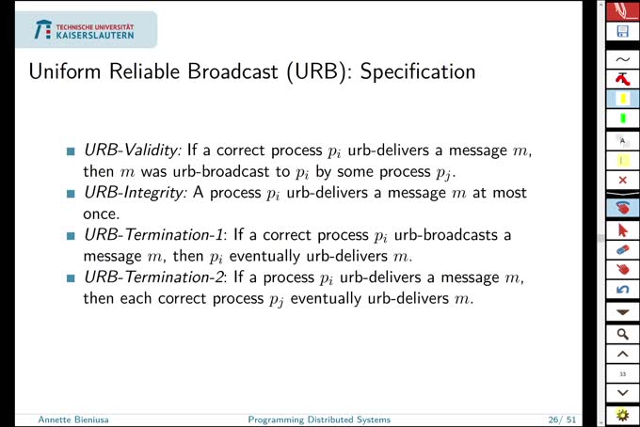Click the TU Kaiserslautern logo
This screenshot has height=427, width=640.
[x=85, y=30]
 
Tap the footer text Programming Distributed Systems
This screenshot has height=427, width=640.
[x=318, y=419]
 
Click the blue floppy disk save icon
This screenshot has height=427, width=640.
[x=622, y=32]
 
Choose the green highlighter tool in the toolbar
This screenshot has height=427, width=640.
[x=622, y=119]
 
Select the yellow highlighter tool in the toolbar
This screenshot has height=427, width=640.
[x=622, y=98]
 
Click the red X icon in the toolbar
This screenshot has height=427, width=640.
[x=622, y=180]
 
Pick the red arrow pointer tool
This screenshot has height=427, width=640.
[x=622, y=229]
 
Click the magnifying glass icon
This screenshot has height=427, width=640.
[x=622, y=333]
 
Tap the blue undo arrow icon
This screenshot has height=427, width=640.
[x=622, y=290]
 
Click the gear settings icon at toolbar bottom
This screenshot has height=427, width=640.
[x=622, y=414]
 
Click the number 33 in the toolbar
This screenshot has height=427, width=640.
[x=622, y=374]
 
